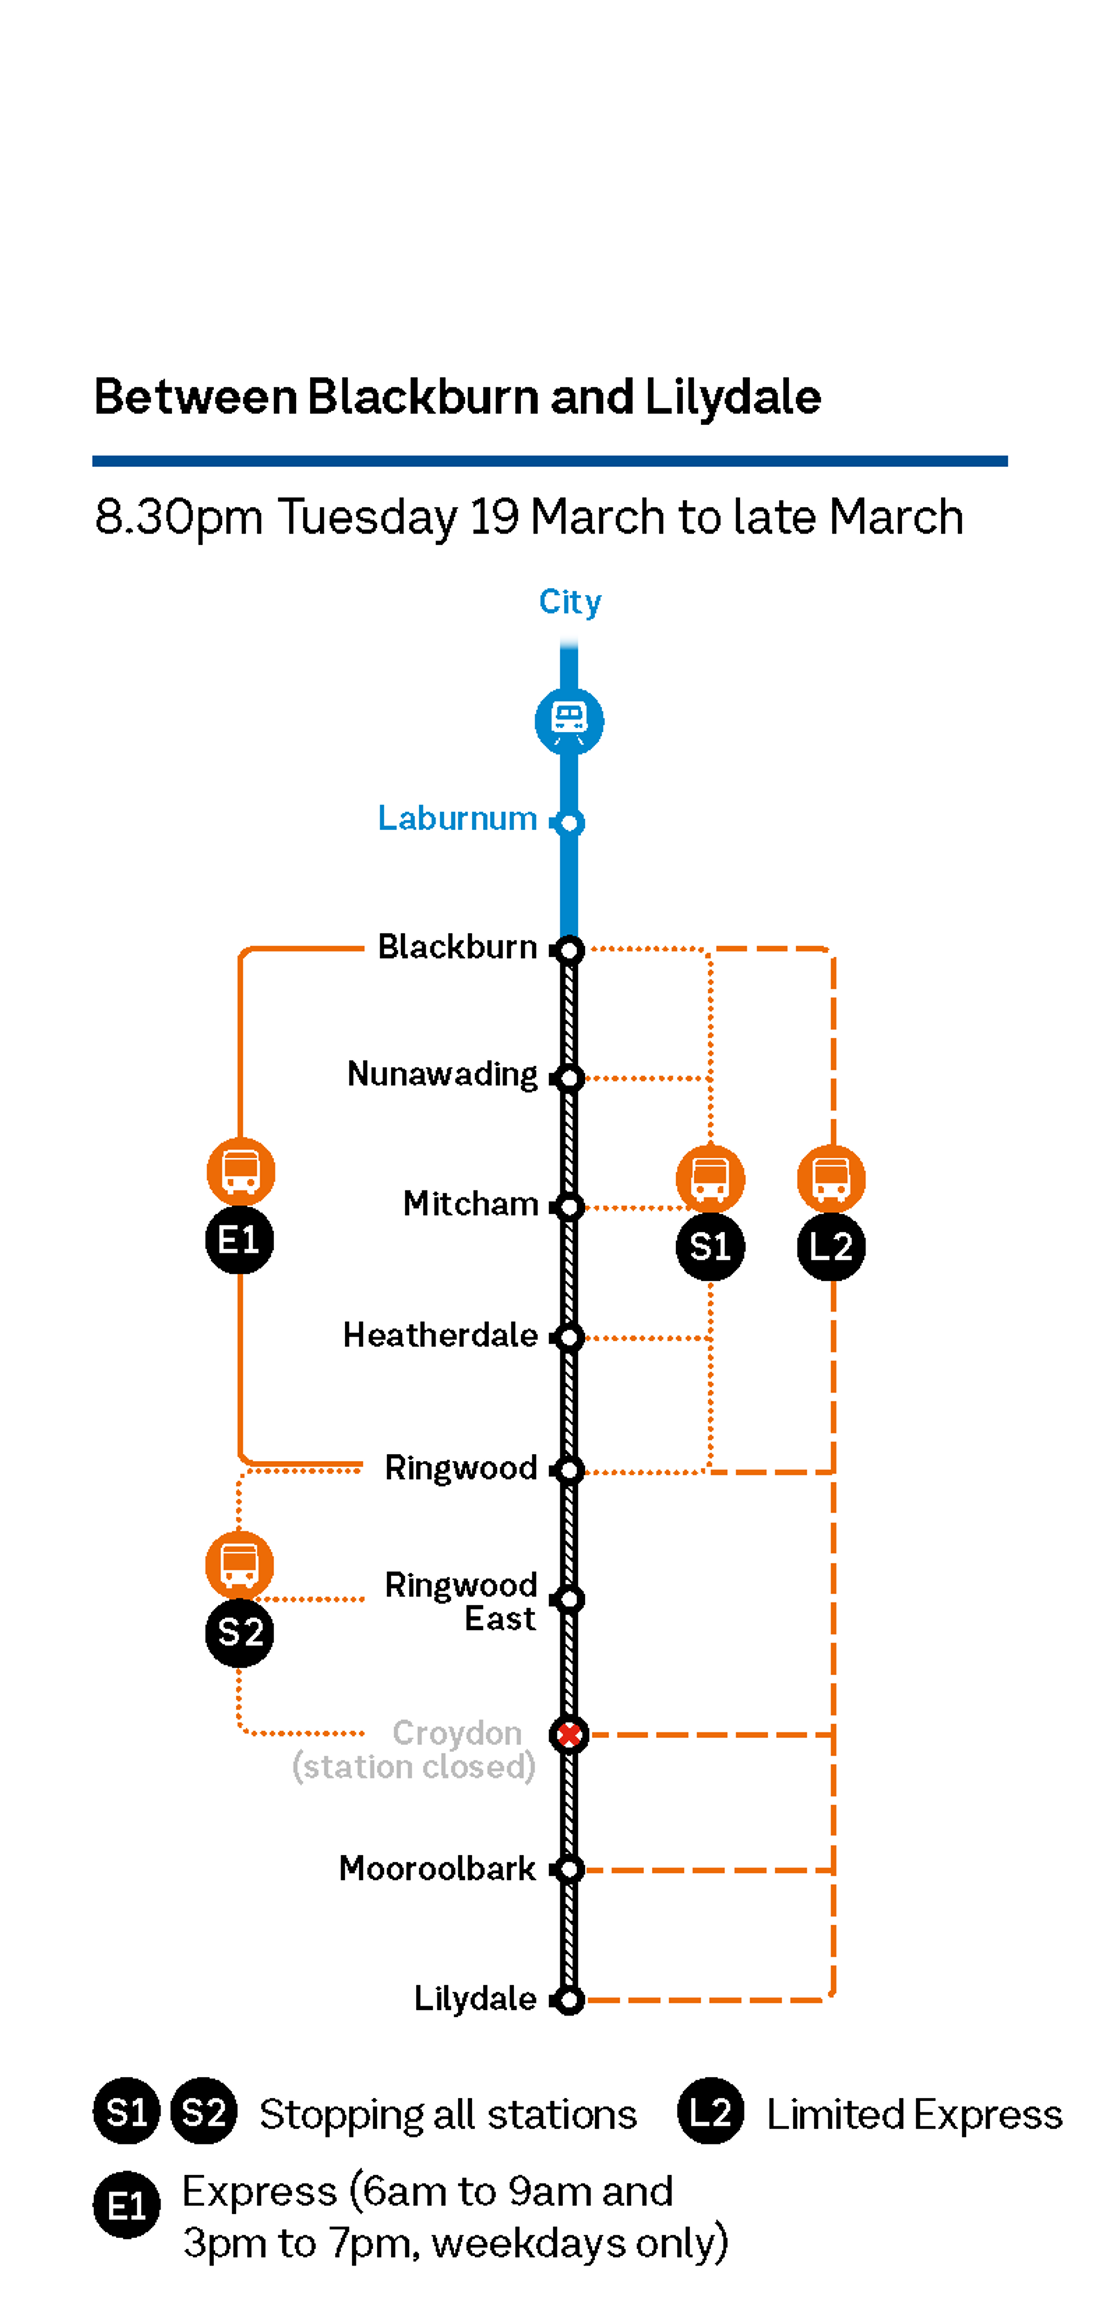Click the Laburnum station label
pos(457,819)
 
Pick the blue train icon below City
pos(569,721)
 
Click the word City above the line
pos(570,602)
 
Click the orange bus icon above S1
pos(710,1178)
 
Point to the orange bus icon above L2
pos(831,1178)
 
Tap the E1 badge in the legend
pos(126,2205)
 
